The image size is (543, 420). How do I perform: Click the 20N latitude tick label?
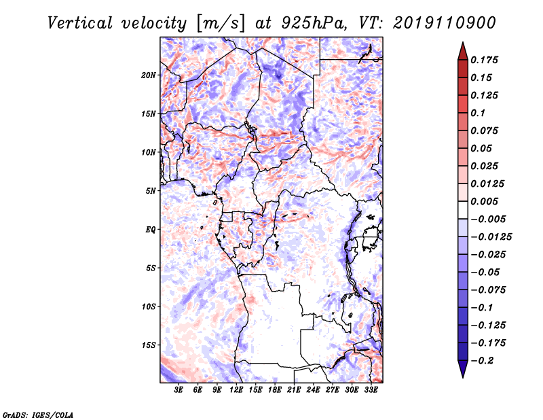[149, 75]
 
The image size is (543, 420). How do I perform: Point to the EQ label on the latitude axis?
[150, 230]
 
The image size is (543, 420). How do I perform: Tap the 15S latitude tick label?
[149, 345]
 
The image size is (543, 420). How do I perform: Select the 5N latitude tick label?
[151, 191]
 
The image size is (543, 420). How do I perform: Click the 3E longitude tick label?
[179, 390]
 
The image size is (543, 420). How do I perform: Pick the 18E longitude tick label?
[275, 390]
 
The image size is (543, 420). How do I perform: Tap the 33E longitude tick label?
[371, 390]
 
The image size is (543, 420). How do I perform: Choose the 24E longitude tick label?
[313, 390]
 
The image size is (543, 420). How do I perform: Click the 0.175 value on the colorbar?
[484, 60]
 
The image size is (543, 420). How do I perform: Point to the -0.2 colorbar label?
[482, 361]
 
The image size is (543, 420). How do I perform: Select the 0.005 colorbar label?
[484, 201]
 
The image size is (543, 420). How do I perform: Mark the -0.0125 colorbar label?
[491, 237]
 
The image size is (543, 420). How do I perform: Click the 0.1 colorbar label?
[478, 113]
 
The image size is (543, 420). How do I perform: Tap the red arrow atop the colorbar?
[463, 52]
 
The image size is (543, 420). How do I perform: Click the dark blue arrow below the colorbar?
[463, 369]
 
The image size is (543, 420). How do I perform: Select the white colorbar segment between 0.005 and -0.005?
[463, 210]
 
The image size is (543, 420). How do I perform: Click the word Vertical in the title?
[80, 23]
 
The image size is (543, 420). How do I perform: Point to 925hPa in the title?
[314, 23]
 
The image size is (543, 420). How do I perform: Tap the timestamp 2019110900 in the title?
[445, 23]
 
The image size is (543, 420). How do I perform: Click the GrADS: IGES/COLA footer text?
[38, 415]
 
